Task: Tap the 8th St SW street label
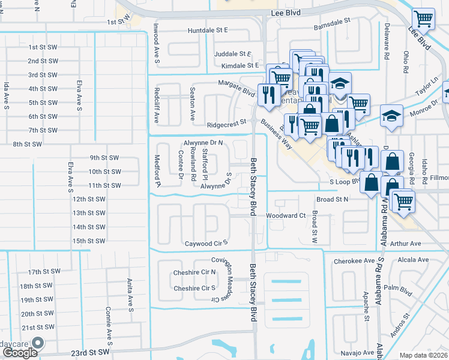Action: point(28,144)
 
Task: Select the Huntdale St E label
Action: point(208,29)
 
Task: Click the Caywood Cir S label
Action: point(207,244)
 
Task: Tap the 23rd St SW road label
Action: point(91,353)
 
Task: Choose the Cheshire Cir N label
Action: point(194,272)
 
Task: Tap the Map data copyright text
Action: point(424,355)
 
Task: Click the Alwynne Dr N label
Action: point(203,143)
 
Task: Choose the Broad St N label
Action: point(332,199)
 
